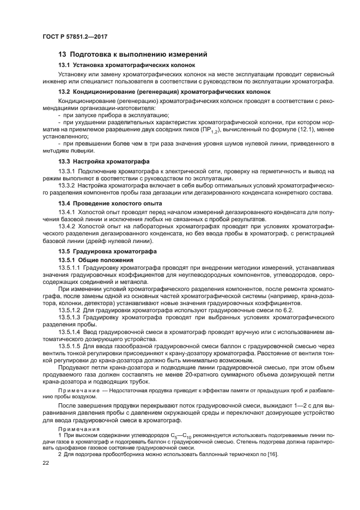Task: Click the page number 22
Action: click(x=46, y=462)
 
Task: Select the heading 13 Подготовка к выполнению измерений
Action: click(x=133, y=54)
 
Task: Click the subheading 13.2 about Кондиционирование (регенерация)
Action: click(x=164, y=92)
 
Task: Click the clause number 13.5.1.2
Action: click(x=70, y=309)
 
